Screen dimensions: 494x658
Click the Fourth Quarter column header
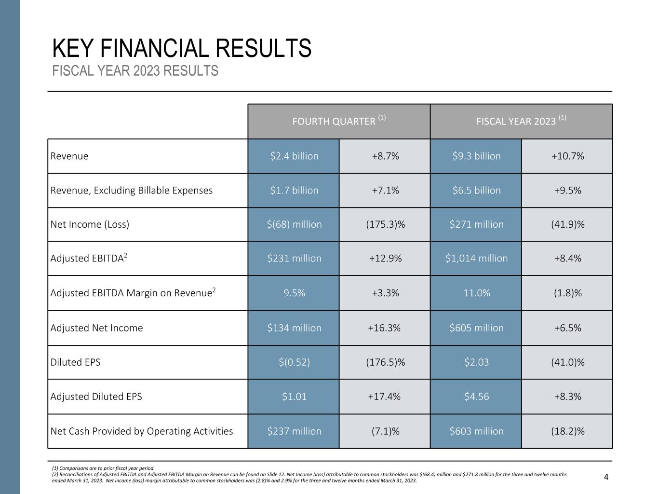point(339,121)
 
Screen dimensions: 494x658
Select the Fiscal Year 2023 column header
point(521,121)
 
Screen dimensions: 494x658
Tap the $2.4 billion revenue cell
point(294,156)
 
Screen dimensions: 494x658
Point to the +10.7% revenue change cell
point(567,156)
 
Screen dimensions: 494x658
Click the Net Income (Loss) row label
point(90,224)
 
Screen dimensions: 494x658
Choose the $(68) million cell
point(294,224)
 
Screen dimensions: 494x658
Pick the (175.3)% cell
point(385,224)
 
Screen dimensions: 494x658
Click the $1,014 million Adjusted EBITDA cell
point(476,259)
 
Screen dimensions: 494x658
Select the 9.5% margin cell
point(294,293)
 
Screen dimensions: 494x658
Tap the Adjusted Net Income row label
point(97,328)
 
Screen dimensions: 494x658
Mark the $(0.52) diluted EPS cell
point(294,362)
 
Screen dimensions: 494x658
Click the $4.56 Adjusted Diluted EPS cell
point(476,397)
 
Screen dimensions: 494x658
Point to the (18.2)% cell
point(567,431)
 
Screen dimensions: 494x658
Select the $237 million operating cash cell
point(294,431)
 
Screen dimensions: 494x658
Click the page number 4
point(606,478)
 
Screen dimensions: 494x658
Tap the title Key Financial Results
point(182,48)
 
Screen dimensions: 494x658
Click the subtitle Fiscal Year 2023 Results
point(135,71)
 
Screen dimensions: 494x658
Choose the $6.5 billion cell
point(476,191)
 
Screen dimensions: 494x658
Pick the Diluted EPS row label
point(76,362)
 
